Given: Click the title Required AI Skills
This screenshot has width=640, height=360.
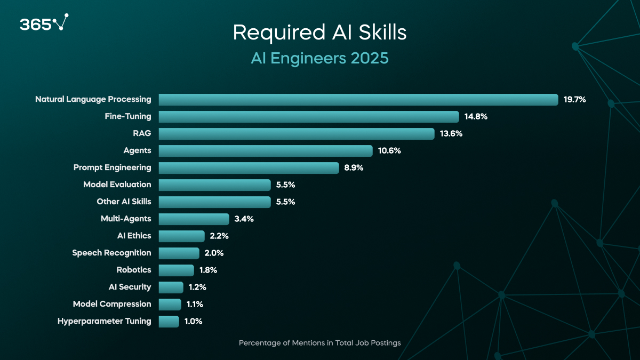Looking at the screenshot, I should click(x=319, y=33).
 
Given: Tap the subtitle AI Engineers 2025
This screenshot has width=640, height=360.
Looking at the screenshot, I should click(x=319, y=58).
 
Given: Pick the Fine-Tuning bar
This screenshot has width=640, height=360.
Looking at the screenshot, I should click(x=309, y=117).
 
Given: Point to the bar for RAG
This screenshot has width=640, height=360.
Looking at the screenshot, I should click(x=297, y=134).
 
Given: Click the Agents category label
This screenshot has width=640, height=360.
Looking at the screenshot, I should click(x=137, y=150).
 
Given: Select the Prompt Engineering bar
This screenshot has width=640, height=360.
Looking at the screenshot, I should click(x=249, y=168).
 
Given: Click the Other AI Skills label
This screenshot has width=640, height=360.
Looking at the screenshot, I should click(x=124, y=202).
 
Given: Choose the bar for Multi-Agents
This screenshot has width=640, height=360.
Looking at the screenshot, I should click(x=194, y=219).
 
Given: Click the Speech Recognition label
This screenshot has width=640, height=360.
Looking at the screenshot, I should click(x=111, y=253).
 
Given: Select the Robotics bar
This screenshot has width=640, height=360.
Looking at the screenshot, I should click(x=176, y=270).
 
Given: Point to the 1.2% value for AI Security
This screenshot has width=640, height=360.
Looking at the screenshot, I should click(x=197, y=287).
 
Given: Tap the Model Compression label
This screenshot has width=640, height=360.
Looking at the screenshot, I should click(x=112, y=304).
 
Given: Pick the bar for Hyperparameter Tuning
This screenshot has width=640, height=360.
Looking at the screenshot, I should click(x=169, y=322).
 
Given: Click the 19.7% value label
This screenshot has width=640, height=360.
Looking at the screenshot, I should click(x=574, y=99).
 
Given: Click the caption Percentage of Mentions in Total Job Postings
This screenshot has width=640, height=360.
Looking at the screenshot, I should click(x=319, y=343).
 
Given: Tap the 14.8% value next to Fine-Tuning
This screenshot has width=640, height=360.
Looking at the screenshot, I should click(x=475, y=116).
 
